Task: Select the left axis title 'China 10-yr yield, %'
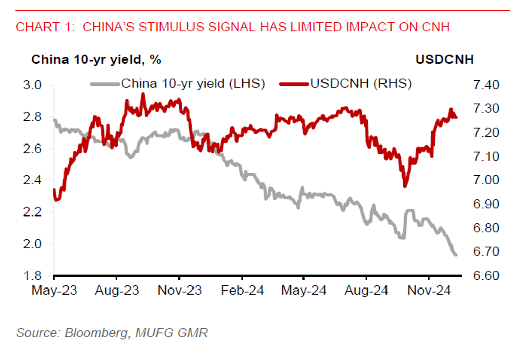coord(96,59)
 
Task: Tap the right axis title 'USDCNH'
coord(444,59)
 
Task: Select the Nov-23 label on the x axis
coord(179,291)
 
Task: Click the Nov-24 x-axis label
coord(429,291)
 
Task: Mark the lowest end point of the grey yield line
coord(456,255)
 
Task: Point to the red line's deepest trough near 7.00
coord(404,186)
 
